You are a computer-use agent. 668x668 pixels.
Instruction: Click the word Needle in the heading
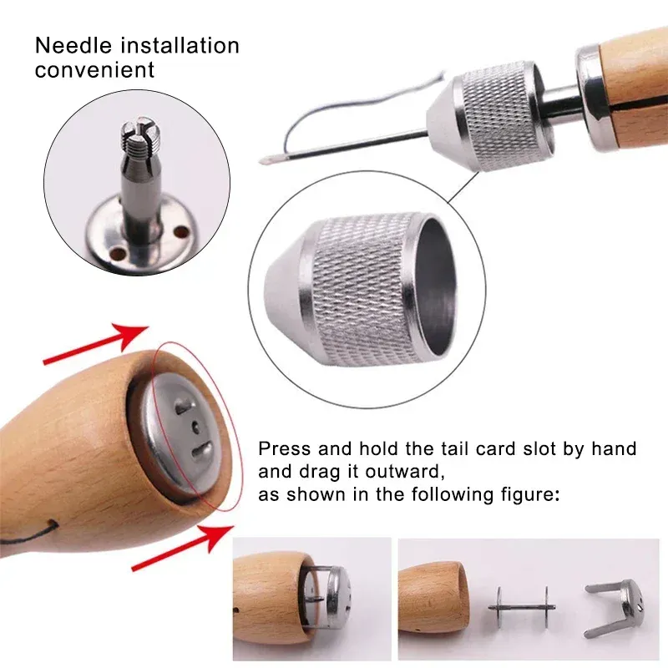[73, 46]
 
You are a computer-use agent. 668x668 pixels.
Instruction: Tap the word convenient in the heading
[94, 70]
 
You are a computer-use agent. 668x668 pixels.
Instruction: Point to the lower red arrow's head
[218, 537]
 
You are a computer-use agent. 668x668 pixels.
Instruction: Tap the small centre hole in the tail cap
[196, 425]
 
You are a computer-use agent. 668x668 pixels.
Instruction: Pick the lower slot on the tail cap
[201, 450]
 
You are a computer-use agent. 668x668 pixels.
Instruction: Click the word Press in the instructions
[284, 448]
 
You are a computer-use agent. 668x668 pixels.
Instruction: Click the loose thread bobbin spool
[521, 607]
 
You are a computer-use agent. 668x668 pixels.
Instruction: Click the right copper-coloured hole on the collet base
[181, 232]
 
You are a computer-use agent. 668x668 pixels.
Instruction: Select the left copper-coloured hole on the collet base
[117, 254]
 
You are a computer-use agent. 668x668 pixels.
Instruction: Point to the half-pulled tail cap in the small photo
[328, 595]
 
